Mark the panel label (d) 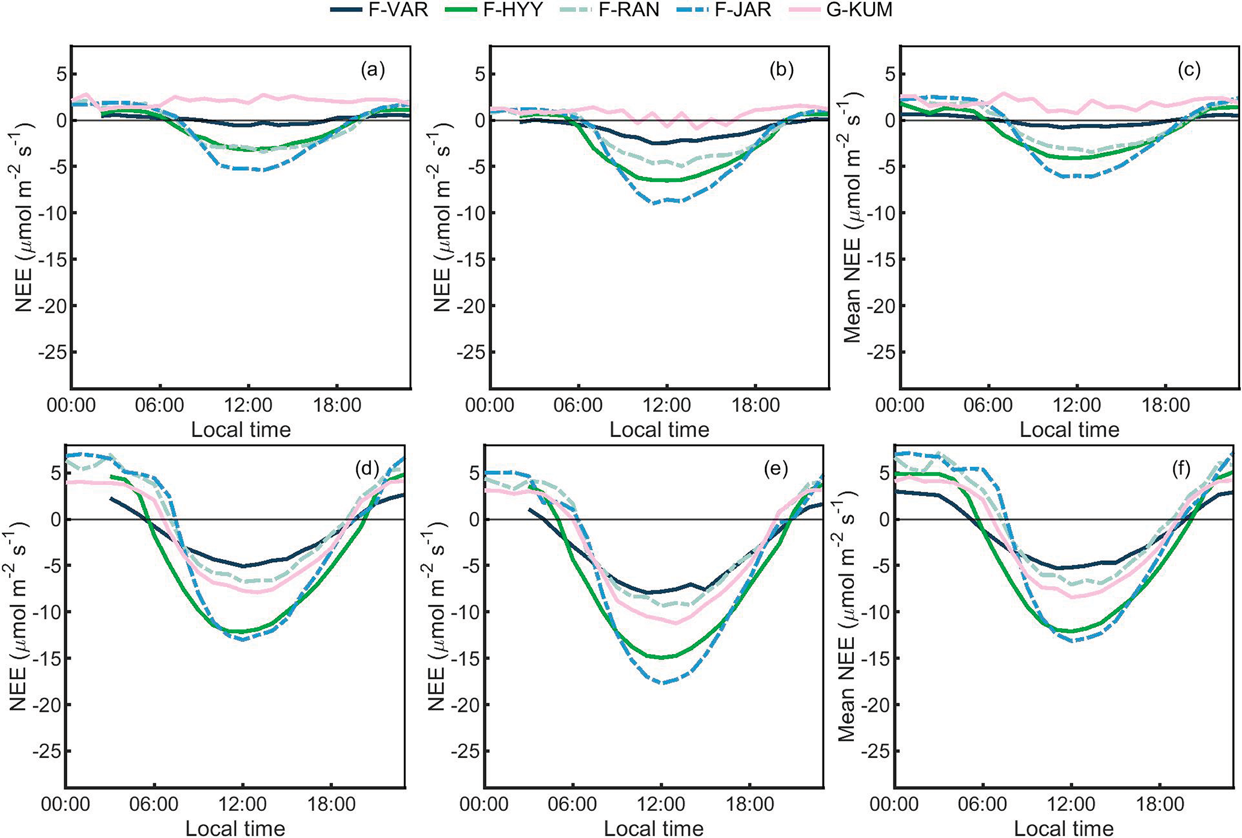[367, 469]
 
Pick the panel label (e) [775, 469]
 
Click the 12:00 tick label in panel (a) [248, 405]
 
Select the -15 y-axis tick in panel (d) [47, 658]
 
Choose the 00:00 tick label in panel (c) [900, 405]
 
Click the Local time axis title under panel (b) [659, 430]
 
